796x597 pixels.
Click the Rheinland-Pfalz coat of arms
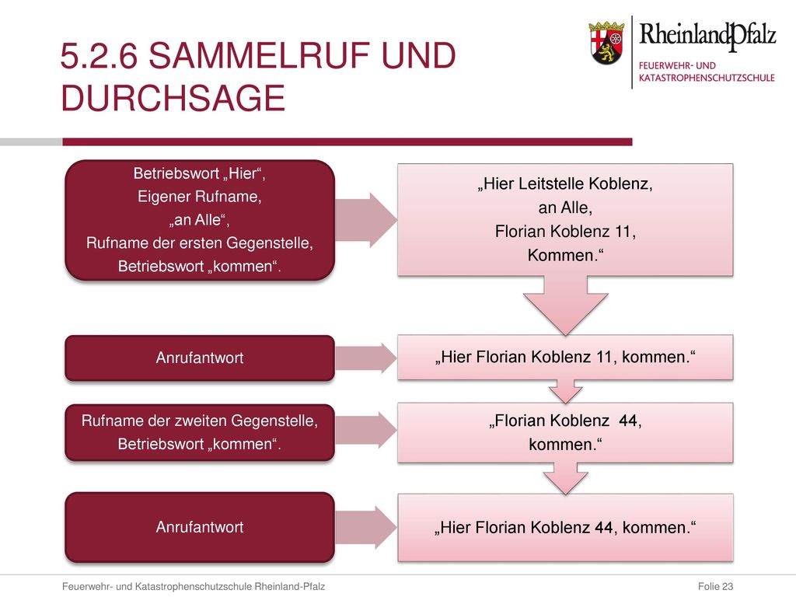tap(606, 43)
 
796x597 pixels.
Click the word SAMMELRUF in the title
tap(259, 55)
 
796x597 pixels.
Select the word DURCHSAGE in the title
tap(173, 98)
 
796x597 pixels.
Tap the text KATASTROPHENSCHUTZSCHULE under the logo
tap(707, 78)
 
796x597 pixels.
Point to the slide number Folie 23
tap(715, 586)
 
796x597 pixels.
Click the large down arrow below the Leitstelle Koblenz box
tap(566, 305)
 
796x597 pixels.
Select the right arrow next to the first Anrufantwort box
tap(365, 358)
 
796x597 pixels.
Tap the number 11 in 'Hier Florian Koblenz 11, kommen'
tap(604, 357)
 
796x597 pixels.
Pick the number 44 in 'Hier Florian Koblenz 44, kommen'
tap(603, 528)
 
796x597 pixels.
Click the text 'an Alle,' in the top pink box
tap(566, 207)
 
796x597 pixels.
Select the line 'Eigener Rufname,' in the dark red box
tap(200, 197)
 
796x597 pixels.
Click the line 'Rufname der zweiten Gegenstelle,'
tap(200, 421)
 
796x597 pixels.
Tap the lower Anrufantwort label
tap(200, 527)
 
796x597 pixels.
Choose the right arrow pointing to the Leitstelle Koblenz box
tap(365, 220)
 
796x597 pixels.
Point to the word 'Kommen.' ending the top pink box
tap(566, 255)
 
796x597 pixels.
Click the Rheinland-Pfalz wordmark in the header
tap(707, 36)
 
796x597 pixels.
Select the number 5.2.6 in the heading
tap(99, 55)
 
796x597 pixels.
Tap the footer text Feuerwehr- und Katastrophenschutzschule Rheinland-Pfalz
tap(194, 586)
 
